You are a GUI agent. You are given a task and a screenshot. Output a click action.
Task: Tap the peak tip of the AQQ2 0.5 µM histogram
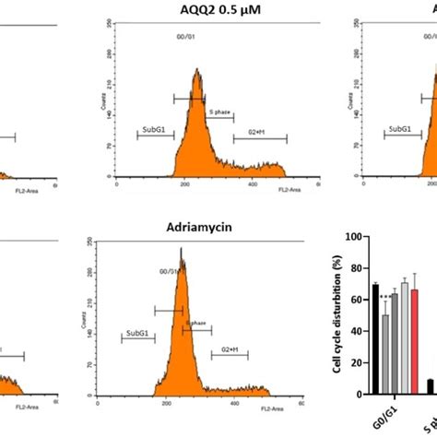tap(197, 69)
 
